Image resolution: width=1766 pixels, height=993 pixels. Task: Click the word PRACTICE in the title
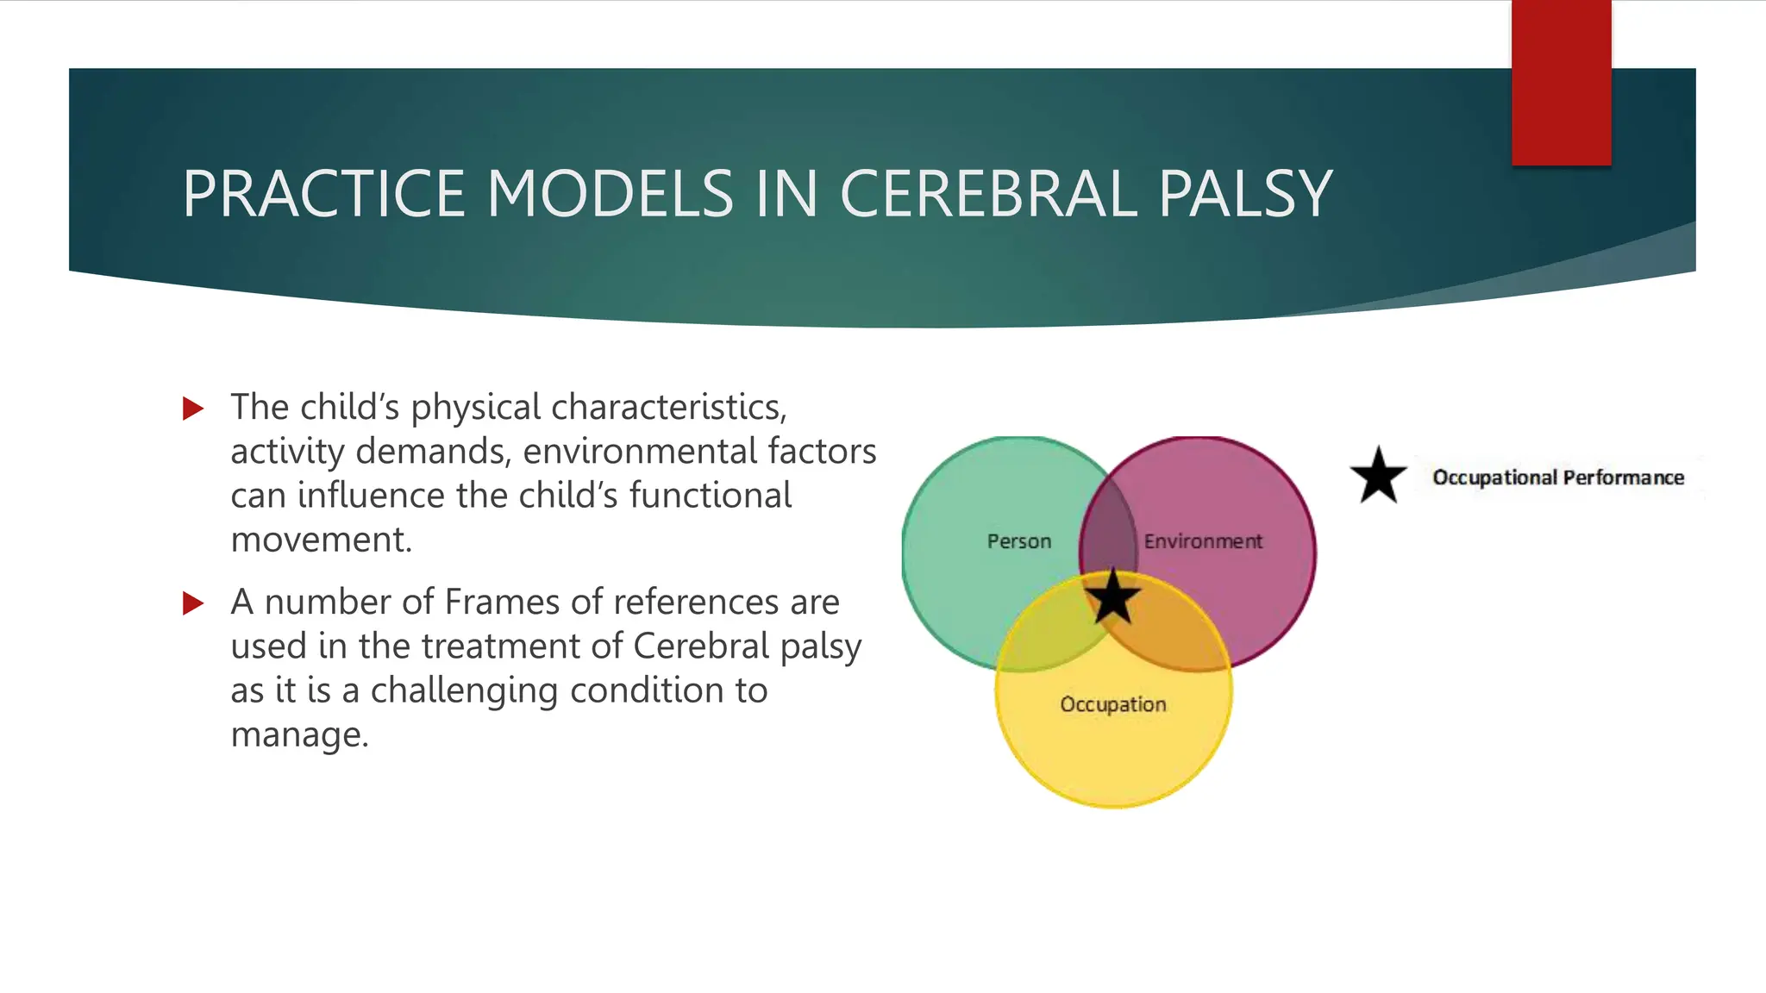pyautogui.click(x=324, y=194)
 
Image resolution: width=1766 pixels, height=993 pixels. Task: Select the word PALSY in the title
pyautogui.click(x=1245, y=194)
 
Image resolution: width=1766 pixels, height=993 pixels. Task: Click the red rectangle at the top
pyautogui.click(x=1561, y=83)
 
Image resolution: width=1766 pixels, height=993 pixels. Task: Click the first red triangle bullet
pyautogui.click(x=193, y=409)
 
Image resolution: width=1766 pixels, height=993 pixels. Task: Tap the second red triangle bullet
pyautogui.click(x=193, y=603)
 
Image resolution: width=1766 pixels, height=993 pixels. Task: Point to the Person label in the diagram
pyautogui.click(x=1019, y=541)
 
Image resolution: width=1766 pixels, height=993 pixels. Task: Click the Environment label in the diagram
pyautogui.click(x=1203, y=541)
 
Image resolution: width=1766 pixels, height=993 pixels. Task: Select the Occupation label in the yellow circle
pyautogui.click(x=1112, y=704)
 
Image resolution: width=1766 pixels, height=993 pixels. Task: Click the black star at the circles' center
pyautogui.click(x=1112, y=596)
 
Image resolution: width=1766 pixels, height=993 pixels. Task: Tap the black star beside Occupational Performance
pyautogui.click(x=1378, y=476)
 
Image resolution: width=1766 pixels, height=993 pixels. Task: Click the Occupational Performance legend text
pyautogui.click(x=1557, y=478)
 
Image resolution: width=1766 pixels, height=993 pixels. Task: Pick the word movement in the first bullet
pyautogui.click(x=321, y=540)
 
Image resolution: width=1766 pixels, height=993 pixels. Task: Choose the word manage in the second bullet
pyautogui.click(x=298, y=735)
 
